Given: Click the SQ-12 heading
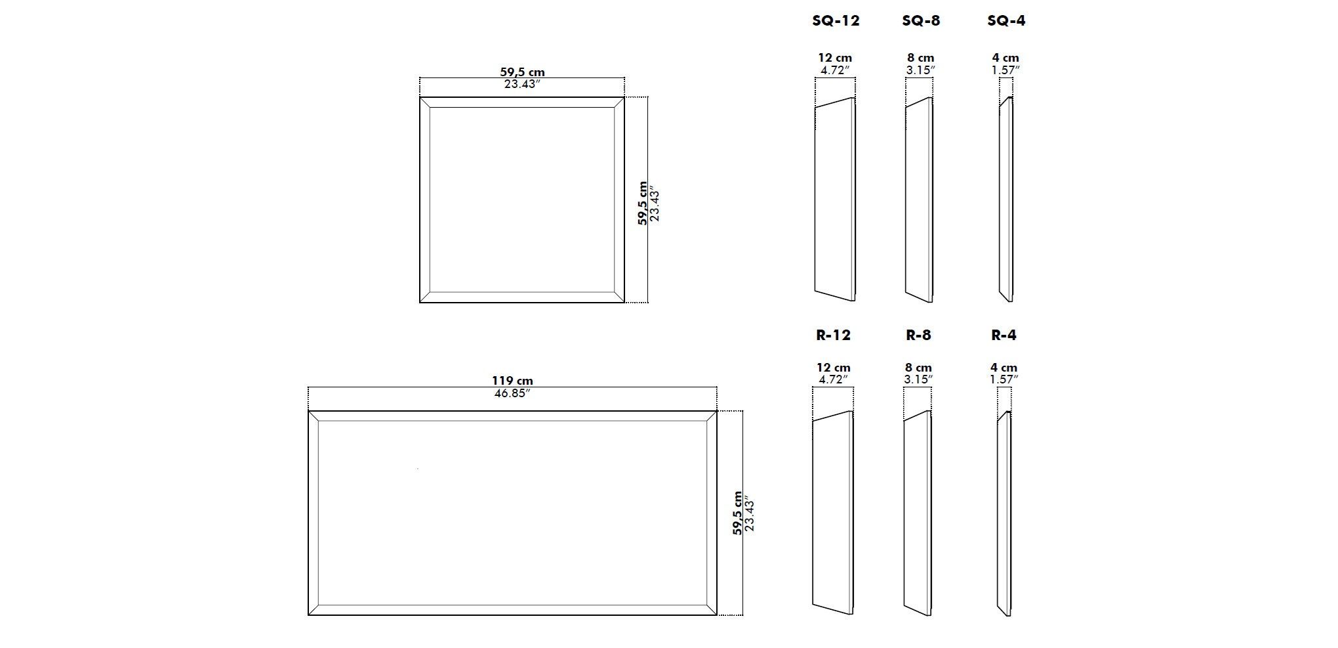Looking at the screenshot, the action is pyautogui.click(x=836, y=21).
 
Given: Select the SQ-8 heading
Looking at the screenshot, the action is pyautogui.click(x=921, y=21).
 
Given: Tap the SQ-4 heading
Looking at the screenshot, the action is pyautogui.click(x=1006, y=21).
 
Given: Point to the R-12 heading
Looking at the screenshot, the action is pyautogui.click(x=833, y=335).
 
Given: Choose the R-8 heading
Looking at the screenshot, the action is pyautogui.click(x=918, y=335).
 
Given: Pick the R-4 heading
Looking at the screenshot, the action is pyautogui.click(x=1003, y=335).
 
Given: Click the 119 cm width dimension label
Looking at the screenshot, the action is pyautogui.click(x=512, y=381).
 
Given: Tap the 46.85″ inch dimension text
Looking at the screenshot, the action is pyautogui.click(x=512, y=393).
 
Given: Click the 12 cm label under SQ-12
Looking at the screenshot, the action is pyautogui.click(x=835, y=58).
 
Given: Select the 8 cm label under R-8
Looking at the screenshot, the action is pyautogui.click(x=918, y=368).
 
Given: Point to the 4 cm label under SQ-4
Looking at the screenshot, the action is pyautogui.click(x=1005, y=58).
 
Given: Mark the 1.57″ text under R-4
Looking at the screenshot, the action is pyautogui.click(x=1004, y=379).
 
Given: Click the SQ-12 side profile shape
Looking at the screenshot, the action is pyautogui.click(x=835, y=200).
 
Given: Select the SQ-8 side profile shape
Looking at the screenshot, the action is pyautogui.click(x=919, y=200).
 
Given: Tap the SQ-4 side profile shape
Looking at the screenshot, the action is pyautogui.click(x=1006, y=200).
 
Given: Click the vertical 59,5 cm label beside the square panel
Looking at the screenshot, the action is pyautogui.click(x=643, y=204).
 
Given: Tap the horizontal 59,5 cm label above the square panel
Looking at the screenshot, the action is pyautogui.click(x=522, y=72).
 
